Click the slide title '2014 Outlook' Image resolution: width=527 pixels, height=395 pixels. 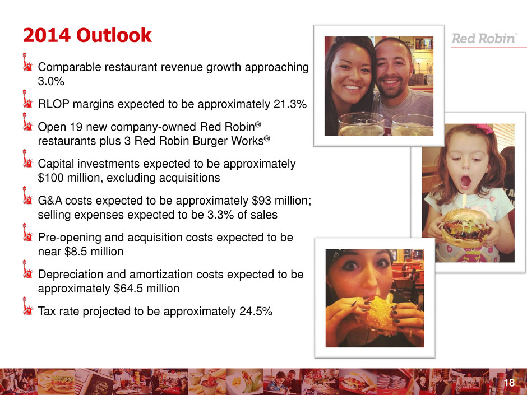(x=87, y=35)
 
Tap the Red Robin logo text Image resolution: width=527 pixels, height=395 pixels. (x=484, y=39)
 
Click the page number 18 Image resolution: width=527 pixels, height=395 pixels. (x=510, y=383)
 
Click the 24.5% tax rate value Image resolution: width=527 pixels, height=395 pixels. (x=256, y=312)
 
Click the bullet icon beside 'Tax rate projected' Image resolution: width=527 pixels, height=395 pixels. (x=27, y=306)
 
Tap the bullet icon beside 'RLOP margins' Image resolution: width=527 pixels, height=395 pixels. (x=27, y=99)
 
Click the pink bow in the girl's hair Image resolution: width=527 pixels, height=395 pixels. (x=484, y=129)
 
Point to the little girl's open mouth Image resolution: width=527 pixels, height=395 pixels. (x=465, y=182)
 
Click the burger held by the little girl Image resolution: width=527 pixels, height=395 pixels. (x=465, y=228)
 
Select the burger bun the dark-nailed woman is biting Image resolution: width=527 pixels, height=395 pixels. (x=380, y=315)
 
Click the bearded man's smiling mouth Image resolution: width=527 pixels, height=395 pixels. (x=391, y=82)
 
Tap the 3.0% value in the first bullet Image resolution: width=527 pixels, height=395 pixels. (x=51, y=81)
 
